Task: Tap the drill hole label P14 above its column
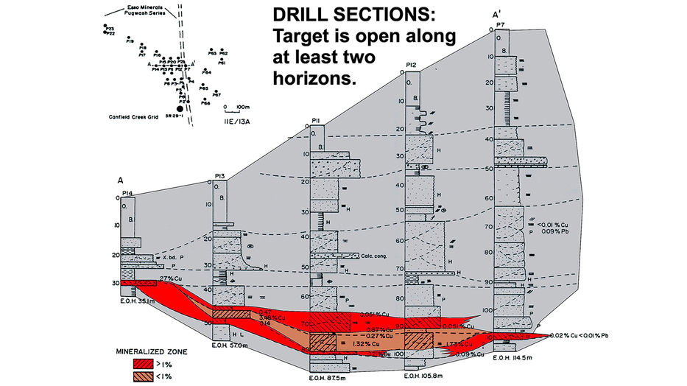coord(127,193)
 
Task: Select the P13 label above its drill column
coord(219,175)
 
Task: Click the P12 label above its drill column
coord(412,66)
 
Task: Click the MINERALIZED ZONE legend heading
coord(151,351)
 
